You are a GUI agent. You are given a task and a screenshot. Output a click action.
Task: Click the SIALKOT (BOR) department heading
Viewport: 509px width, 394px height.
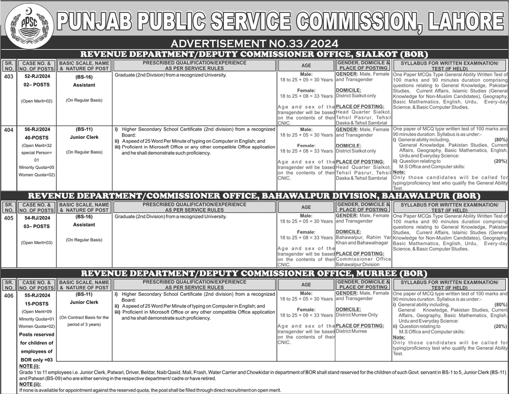[254, 54]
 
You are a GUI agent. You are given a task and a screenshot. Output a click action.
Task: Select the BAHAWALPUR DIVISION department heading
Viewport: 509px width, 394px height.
[254, 196]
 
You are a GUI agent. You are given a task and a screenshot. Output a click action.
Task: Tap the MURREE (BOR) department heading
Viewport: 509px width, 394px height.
[254, 273]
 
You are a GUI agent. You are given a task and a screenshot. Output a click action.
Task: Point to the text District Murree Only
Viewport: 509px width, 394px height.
[356, 315]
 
